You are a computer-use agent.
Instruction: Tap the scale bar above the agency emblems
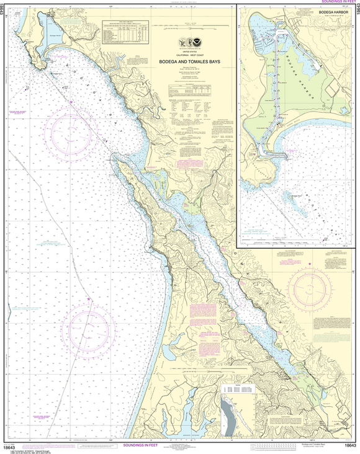(x=180, y=27)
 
